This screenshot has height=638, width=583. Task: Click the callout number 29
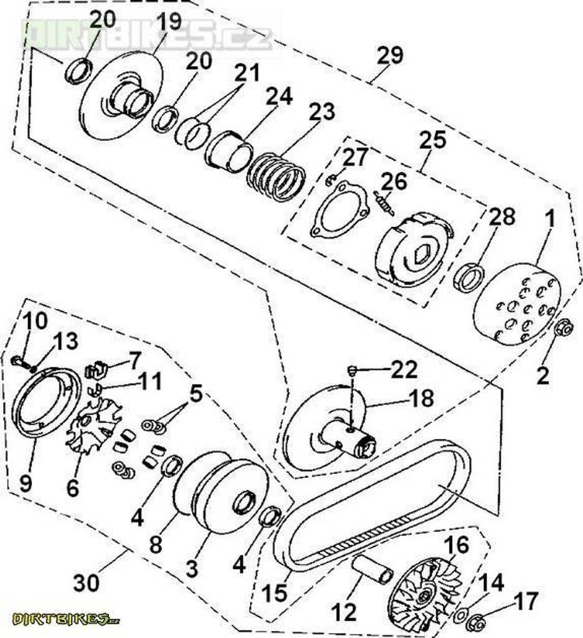click(x=390, y=56)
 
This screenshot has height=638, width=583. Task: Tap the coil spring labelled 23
click(x=277, y=176)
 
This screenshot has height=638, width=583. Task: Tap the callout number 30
click(x=87, y=583)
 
